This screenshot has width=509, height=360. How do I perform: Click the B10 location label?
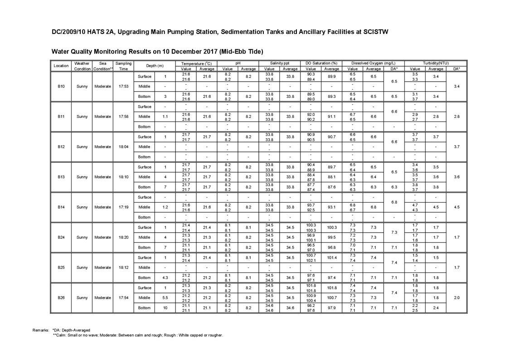tap(61, 86)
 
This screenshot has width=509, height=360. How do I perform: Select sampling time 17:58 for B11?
tap(123, 117)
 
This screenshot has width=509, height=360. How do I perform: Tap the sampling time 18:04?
tap(123, 146)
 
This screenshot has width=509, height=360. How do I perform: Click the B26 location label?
tap(61, 298)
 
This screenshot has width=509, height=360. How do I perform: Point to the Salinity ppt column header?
tap(280, 63)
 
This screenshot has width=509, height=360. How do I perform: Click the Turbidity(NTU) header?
tap(436, 63)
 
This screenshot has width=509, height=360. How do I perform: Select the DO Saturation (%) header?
tap(321, 63)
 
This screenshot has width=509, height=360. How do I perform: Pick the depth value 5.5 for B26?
tap(165, 298)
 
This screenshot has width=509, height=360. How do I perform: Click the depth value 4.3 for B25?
tap(165, 277)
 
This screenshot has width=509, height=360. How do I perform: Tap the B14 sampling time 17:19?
tap(123, 207)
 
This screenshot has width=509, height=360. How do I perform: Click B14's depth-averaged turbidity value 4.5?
tap(456, 207)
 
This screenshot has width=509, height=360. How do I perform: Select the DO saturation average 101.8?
tap(332, 288)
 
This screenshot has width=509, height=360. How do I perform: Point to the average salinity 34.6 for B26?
tap(290, 308)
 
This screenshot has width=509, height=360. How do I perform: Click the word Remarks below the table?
tap(40, 330)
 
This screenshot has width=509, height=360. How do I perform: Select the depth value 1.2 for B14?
tap(165, 207)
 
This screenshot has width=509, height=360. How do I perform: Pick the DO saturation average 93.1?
tap(332, 207)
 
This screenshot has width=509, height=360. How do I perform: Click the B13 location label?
tap(61, 177)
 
